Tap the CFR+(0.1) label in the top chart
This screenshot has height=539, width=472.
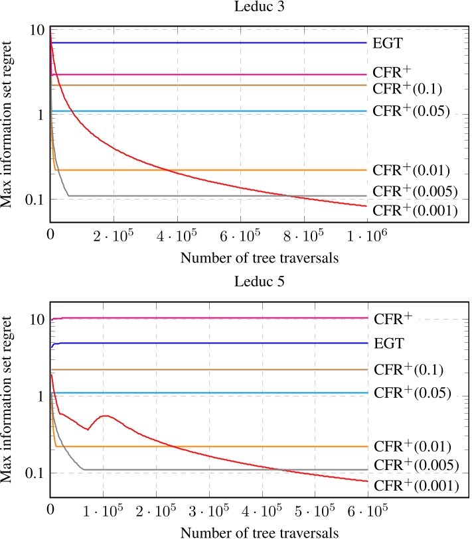click(x=407, y=88)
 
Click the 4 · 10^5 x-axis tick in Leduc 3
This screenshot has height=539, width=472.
click(x=177, y=235)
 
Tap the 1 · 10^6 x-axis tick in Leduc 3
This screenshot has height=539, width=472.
click(x=367, y=235)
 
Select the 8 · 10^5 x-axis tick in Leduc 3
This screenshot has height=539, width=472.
click(x=304, y=235)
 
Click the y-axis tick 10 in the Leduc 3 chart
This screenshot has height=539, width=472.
click(x=37, y=30)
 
